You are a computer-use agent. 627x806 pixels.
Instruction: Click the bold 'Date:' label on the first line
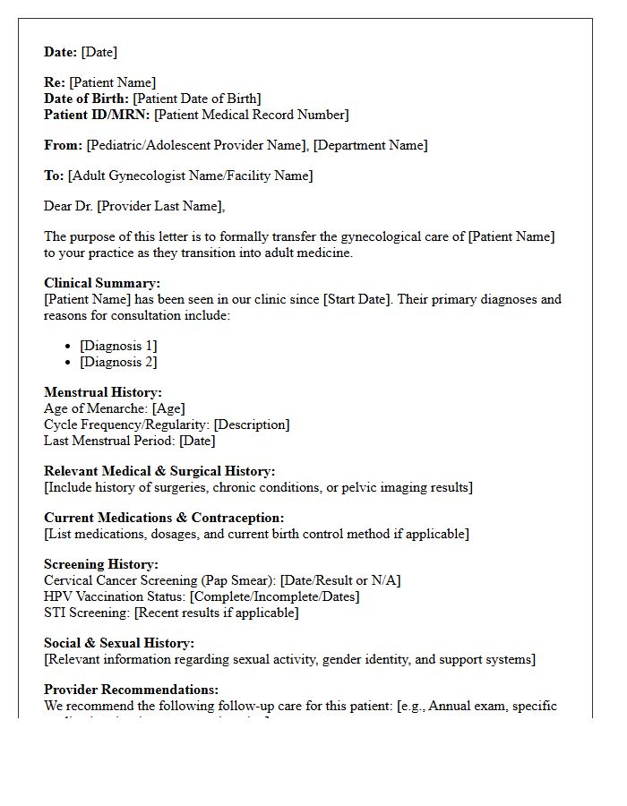tap(61, 52)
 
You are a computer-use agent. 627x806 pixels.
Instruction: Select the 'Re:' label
tap(55, 82)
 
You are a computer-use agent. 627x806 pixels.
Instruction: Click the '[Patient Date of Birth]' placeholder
tap(197, 99)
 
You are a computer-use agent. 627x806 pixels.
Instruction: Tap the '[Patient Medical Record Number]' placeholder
tap(252, 115)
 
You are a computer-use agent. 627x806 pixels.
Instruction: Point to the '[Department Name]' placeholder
tap(370, 145)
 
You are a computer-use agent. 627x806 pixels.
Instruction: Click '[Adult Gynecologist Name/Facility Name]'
tap(191, 176)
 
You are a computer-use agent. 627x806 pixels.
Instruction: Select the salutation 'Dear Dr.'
tap(69, 206)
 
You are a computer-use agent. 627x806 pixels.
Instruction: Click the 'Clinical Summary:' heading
tap(102, 284)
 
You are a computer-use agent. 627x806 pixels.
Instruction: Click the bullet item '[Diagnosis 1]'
tap(118, 346)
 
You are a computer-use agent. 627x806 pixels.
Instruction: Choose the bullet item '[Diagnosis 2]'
tap(118, 362)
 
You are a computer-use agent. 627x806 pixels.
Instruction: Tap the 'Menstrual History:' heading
tap(103, 392)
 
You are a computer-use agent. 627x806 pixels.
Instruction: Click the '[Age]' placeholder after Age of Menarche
tap(168, 408)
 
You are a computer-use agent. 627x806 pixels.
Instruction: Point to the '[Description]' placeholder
tap(252, 424)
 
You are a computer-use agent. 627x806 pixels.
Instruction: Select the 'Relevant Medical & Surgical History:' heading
tap(159, 471)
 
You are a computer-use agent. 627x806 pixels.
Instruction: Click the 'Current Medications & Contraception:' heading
tap(164, 518)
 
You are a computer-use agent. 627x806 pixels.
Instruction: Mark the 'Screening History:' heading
tap(101, 564)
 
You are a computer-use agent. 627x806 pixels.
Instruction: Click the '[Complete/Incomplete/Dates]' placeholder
tap(275, 596)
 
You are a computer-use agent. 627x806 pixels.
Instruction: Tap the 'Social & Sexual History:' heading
tap(119, 643)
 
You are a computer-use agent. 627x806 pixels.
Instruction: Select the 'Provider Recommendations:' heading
tap(131, 690)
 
